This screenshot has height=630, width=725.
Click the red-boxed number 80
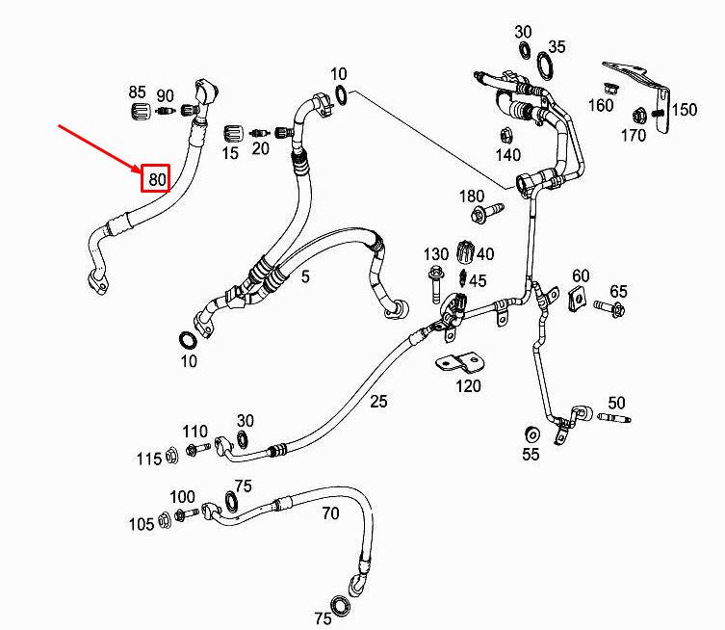click(156, 178)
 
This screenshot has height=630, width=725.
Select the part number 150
click(684, 110)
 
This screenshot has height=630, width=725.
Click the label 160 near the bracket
click(601, 104)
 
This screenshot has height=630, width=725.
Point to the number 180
click(472, 197)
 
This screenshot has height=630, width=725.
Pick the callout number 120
click(468, 386)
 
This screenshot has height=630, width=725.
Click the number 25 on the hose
click(378, 401)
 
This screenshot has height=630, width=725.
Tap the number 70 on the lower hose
click(330, 513)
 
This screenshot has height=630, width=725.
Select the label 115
click(148, 459)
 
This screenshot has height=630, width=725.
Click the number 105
click(142, 524)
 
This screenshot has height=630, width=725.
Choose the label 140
click(507, 155)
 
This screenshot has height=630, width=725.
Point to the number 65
click(618, 292)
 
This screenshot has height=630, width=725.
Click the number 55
click(531, 455)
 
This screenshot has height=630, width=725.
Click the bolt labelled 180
click(490, 209)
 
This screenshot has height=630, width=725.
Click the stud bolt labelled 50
click(611, 419)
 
